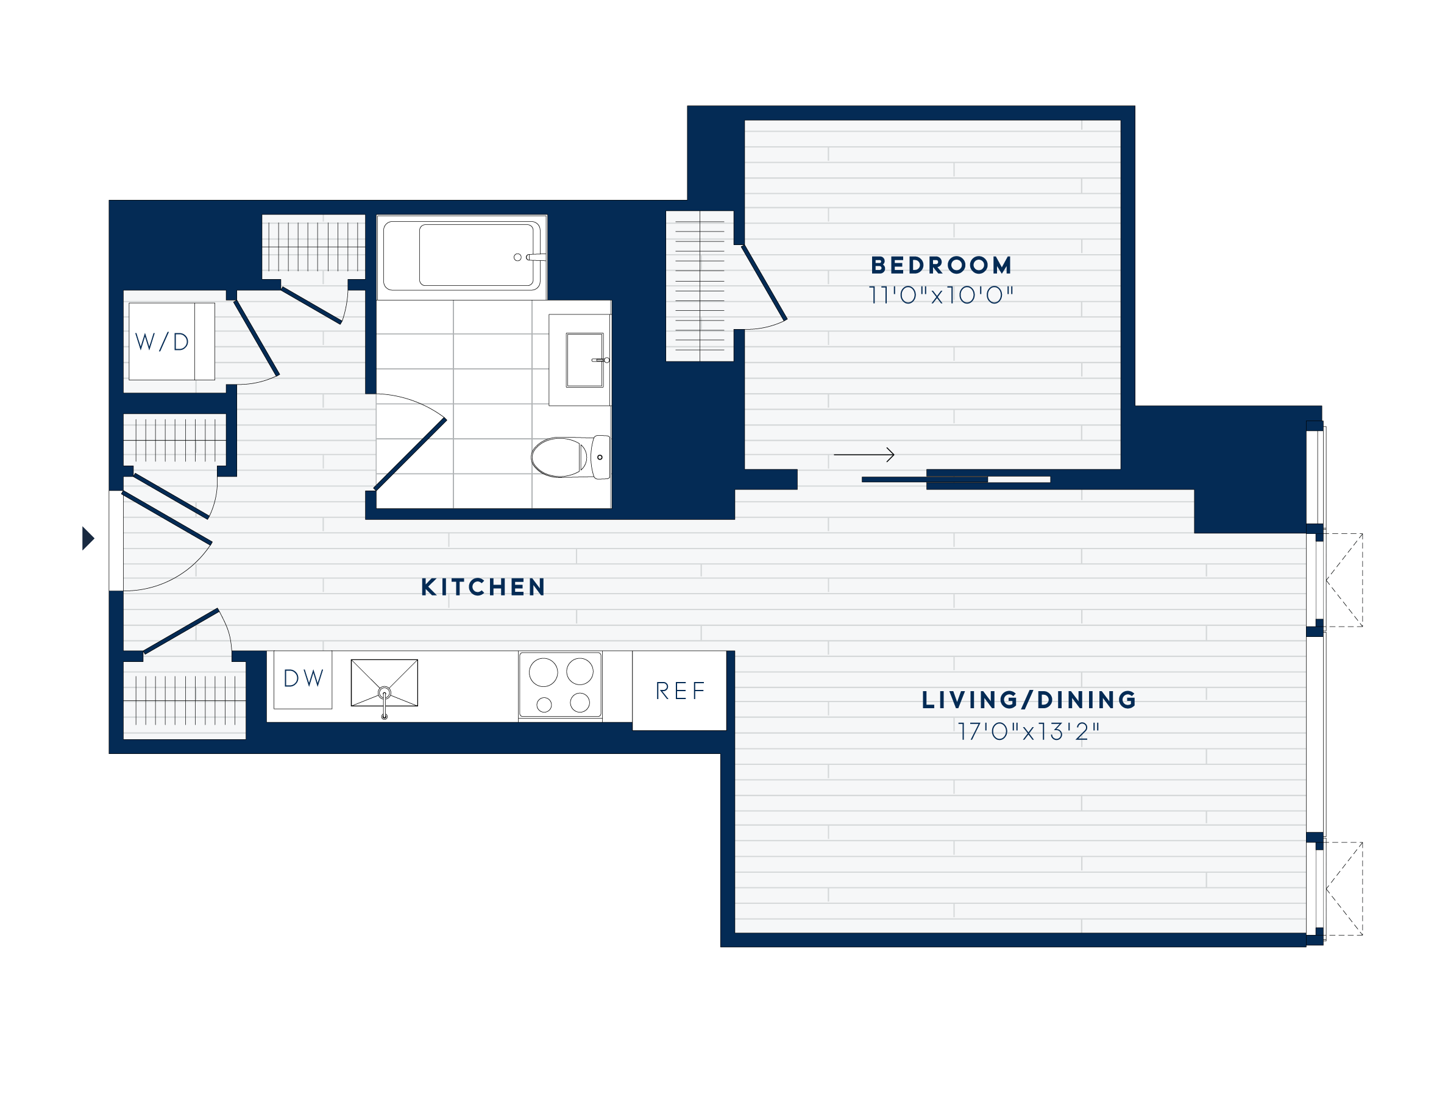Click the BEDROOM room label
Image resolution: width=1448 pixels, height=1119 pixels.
click(941, 265)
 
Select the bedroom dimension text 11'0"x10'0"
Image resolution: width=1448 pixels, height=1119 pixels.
click(941, 295)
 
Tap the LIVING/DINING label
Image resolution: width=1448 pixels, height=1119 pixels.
click(1029, 700)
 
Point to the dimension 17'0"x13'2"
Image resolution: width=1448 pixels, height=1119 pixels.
click(1029, 732)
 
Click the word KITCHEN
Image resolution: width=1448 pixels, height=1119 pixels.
click(483, 588)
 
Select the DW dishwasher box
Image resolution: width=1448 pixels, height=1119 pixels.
click(303, 680)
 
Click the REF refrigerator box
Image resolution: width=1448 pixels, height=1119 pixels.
click(680, 691)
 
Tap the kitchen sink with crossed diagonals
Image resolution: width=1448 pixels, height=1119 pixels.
click(384, 683)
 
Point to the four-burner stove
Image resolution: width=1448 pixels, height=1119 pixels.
click(560, 685)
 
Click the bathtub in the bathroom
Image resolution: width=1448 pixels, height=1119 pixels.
click(476, 255)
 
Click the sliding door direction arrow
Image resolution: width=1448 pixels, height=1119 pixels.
click(864, 455)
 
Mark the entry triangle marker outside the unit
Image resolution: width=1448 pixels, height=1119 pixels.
click(88, 538)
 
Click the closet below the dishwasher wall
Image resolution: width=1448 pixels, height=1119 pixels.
click(184, 700)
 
